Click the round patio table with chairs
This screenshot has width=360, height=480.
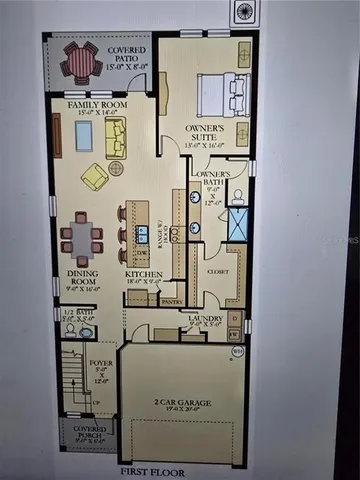79,62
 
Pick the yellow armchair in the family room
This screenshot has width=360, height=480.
95,177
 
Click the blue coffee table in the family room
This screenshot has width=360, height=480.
84,137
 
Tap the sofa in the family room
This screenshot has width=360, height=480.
115,138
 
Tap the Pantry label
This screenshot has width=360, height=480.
169,300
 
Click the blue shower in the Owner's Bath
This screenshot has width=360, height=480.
238,226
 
